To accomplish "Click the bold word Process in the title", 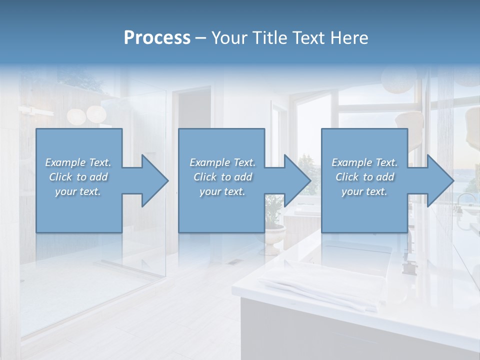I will click(157, 37).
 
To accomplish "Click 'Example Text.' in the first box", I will click(78, 162).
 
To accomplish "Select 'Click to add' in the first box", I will click(78, 177).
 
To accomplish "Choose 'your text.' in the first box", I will click(78, 191).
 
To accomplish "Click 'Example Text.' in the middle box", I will click(222, 162).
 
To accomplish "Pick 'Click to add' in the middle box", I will click(222, 177).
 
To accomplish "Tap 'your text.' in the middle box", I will click(222, 191).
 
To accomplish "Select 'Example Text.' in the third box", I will click(364, 162).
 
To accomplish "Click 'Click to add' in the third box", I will click(364, 177).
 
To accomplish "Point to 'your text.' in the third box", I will click(364, 191).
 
